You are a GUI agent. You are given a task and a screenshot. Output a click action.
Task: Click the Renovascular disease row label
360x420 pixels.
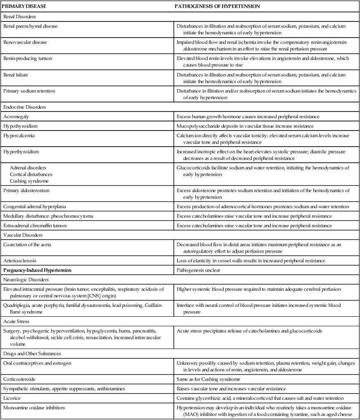click(x=23, y=42)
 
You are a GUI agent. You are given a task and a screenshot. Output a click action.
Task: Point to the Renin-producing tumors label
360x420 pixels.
click(x=26, y=58)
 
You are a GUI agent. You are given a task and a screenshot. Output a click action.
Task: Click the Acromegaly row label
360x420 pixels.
click(x=15, y=116)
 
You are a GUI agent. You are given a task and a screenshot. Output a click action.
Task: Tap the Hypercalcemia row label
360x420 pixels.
click(x=19, y=135)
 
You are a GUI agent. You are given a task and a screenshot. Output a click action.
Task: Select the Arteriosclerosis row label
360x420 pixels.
click(x=19, y=261)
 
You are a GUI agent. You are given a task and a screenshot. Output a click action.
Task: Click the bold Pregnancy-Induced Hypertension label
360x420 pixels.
click(x=37, y=270)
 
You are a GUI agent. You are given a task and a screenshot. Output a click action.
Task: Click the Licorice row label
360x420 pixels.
click(x=12, y=398)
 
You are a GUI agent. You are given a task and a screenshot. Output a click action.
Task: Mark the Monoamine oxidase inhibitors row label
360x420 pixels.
click(x=31, y=408)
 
